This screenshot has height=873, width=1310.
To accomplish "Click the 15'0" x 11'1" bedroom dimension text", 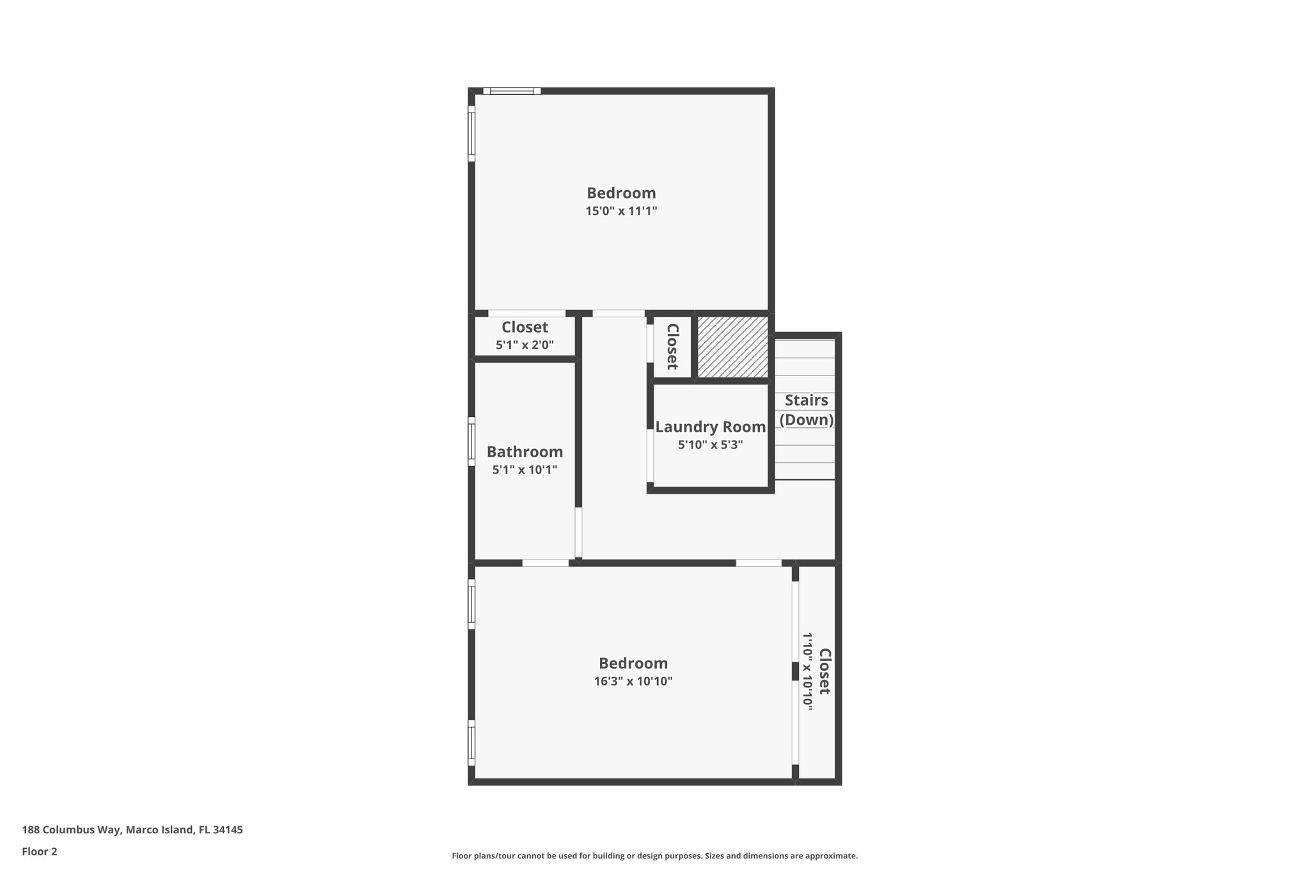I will (621, 211).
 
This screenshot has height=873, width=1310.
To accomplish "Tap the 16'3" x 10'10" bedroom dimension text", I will (633, 682).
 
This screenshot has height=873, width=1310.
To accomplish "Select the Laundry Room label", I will (710, 427).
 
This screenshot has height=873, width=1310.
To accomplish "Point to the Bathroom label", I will (525, 452).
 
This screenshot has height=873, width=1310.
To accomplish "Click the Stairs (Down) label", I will (806, 410).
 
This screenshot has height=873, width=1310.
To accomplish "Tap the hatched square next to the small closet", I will (732, 347).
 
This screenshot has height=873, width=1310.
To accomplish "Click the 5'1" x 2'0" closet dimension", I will (525, 345).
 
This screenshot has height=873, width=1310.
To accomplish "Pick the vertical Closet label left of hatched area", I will (672, 346).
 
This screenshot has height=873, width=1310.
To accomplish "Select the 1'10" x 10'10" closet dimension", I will (807, 672).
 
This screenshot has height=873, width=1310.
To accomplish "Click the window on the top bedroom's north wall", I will (512, 91).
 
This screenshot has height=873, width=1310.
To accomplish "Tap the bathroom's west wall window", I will (471, 441).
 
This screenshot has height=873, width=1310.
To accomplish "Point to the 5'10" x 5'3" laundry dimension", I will (710, 445).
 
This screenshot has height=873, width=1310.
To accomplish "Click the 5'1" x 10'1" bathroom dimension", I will (525, 470).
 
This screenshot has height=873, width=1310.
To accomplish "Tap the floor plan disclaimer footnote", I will (654, 856).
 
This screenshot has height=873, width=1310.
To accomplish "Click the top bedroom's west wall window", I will (471, 133).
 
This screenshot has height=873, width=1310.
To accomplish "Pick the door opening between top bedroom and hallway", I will (618, 313).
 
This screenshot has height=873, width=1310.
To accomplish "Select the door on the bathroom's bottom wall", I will (545, 563).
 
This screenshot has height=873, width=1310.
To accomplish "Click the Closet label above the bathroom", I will (525, 327).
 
